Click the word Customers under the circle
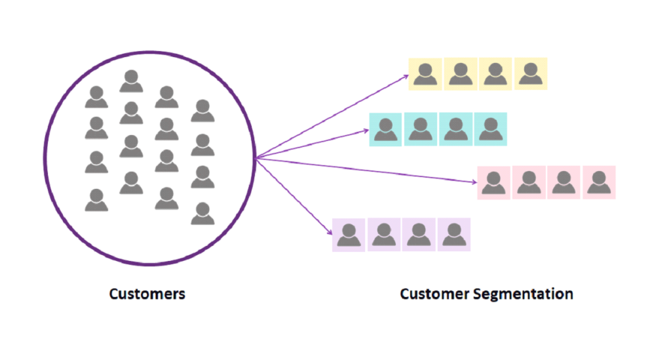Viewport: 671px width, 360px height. coord(147,294)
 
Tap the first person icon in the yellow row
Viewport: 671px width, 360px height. coord(425,73)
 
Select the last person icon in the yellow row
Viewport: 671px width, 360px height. coord(530,73)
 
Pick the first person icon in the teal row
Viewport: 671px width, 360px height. coord(386,129)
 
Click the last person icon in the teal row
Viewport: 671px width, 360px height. coord(489,129)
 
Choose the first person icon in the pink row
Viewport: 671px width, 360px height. coord(494,182)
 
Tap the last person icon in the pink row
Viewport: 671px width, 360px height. coord(598,182)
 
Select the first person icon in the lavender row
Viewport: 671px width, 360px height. coord(349,235)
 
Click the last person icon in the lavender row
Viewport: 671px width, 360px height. coord(453,235)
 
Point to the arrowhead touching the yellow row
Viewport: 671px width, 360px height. coord(406,77)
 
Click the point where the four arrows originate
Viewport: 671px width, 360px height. coord(256,158)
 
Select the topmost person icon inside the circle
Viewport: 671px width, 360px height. coord(131,81)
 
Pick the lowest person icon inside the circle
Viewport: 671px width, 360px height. coord(202,214)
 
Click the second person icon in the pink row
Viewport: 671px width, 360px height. coord(529,182)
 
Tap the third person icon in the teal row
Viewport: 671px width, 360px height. coord(455,129)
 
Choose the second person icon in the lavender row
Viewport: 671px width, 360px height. coord(384,235)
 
